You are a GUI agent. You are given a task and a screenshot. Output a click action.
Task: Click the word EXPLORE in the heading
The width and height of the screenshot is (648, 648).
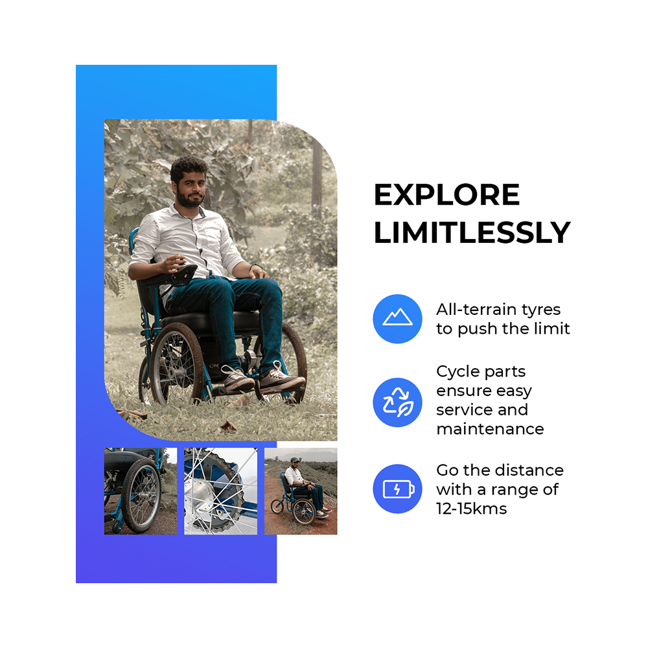446,195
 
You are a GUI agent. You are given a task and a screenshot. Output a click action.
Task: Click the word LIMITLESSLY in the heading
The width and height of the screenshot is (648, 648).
472,233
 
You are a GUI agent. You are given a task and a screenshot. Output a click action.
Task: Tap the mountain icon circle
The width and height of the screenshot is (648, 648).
397,318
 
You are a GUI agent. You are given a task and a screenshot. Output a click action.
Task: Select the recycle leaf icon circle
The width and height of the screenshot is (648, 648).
397,402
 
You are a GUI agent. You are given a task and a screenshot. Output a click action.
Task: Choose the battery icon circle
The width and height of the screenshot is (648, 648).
397,489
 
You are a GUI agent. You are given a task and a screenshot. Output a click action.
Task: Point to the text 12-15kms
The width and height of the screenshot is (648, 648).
471,509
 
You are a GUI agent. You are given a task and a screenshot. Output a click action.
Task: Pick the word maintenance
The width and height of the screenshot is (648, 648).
489,429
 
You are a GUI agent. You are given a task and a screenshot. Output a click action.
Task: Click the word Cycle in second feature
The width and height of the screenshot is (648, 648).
457,373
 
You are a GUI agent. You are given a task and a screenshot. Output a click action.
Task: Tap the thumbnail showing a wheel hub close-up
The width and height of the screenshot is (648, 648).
220,491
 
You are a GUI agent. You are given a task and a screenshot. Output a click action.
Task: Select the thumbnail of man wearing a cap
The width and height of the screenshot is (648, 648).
301,491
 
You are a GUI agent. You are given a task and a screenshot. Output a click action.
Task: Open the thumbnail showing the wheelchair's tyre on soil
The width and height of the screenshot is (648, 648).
140,491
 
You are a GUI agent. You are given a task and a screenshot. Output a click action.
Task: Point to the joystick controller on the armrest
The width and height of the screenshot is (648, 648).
185,274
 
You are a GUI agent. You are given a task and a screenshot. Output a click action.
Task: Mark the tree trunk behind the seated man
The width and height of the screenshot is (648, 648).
317,175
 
